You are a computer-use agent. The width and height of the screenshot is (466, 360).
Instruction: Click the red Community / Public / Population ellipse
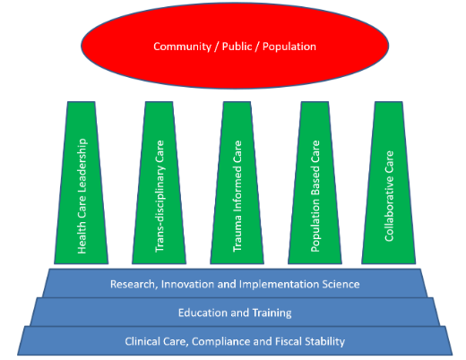tap(235, 46)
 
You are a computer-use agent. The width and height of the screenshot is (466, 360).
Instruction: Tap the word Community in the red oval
tap(182, 47)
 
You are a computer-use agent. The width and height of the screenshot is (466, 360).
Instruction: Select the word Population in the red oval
tap(289, 47)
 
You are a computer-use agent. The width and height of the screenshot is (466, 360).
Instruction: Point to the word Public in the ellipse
tap(237, 47)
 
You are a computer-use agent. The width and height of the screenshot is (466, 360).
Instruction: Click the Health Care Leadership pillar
tap(82, 183)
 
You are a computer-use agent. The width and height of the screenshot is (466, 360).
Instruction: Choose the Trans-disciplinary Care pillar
tap(160, 183)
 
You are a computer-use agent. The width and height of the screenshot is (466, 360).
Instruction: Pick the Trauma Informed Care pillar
tap(237, 183)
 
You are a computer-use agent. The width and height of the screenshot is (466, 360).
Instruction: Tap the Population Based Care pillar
tap(315, 183)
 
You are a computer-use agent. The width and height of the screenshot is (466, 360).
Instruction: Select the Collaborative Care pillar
tap(389, 183)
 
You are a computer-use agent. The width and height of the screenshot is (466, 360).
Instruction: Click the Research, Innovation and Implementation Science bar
tap(235, 283)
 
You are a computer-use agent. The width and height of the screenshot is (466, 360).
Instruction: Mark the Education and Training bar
tap(235, 312)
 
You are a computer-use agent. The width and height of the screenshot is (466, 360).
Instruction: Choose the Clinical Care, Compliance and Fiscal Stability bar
tap(235, 340)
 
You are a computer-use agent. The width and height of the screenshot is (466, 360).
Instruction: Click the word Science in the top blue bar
tap(341, 284)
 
